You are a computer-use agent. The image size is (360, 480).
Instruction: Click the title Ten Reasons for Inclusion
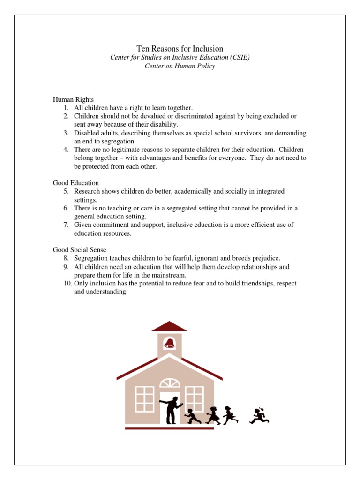pyautogui.click(x=180, y=49)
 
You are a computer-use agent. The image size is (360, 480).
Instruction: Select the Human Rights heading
pyautogui.click(x=73, y=100)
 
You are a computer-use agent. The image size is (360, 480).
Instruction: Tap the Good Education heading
pyautogui.click(x=76, y=183)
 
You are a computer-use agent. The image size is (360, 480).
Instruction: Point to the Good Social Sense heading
pyautogui.click(x=80, y=250)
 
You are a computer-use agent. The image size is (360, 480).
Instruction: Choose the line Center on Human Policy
pyautogui.click(x=180, y=66)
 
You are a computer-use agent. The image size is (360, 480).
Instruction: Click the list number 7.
pyautogui.click(x=67, y=225)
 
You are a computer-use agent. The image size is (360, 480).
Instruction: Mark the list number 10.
pyautogui.click(x=67, y=284)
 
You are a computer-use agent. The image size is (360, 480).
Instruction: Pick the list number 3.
pyautogui.click(x=67, y=133)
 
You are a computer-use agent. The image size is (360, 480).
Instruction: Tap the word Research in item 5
pyautogui.click(x=87, y=191)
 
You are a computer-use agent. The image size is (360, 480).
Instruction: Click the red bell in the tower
pyautogui.click(x=169, y=344)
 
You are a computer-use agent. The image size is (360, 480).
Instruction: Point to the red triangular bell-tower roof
pyautogui.click(x=169, y=326)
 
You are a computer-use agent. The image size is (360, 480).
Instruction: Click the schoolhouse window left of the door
pyautogui.click(x=145, y=399)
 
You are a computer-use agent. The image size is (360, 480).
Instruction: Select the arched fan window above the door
pyautogui.click(x=170, y=383)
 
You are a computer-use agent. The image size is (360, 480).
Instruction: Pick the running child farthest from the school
pyautogui.click(x=259, y=415)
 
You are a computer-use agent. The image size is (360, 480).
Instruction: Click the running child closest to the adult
pyautogui.click(x=191, y=415)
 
